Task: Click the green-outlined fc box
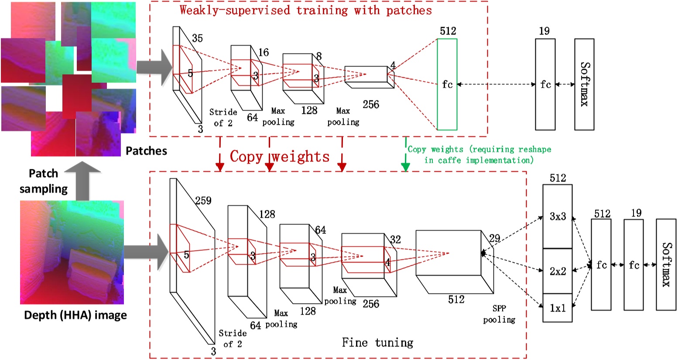click(x=447, y=84)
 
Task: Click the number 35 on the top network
click(x=197, y=38)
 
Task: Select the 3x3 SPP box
click(x=557, y=216)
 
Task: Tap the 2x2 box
click(x=557, y=271)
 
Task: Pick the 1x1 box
click(x=557, y=308)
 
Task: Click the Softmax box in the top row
click(x=584, y=84)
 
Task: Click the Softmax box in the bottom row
click(x=666, y=264)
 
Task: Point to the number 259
click(x=203, y=201)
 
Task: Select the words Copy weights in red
click(x=280, y=156)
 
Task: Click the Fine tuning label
click(x=377, y=343)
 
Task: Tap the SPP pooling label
click(x=499, y=314)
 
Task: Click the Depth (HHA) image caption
click(x=75, y=315)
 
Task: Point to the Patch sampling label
click(x=44, y=181)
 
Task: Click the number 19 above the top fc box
click(x=544, y=31)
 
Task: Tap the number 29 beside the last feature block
click(x=494, y=238)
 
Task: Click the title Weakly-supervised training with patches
click(x=305, y=10)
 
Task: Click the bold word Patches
click(x=146, y=151)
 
